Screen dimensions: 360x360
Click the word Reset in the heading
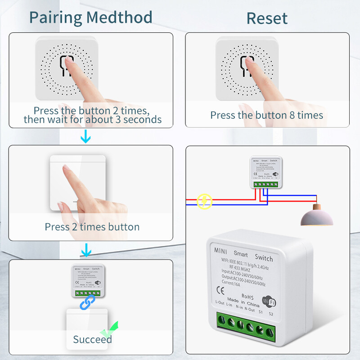click(267, 18)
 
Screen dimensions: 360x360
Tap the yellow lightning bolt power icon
click(204, 201)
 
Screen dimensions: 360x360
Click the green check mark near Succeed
click(110, 330)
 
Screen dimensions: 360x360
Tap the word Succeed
click(92, 339)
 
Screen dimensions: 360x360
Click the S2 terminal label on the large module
click(271, 313)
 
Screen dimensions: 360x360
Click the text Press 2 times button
click(92, 227)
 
